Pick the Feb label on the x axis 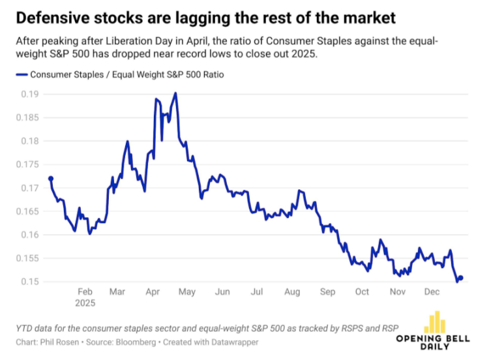tap(85, 292)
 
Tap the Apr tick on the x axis tap(153, 292)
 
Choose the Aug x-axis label tap(292, 292)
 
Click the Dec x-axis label tap(432, 292)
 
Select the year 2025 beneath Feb tap(85, 303)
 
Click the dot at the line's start tap(51, 179)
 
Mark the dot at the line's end tap(460, 278)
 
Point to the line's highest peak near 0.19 tap(175, 93)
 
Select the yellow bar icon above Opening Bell tap(435, 322)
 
